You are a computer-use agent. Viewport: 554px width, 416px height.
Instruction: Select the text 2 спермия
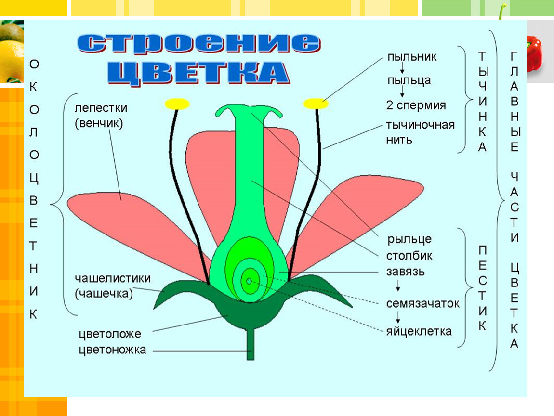point(416,105)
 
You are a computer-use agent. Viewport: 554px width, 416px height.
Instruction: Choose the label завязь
point(405,271)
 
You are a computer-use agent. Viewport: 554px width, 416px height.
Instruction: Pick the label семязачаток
point(422,304)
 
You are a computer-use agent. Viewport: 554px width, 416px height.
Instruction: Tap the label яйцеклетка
point(419,331)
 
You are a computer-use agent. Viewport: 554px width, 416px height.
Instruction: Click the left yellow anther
point(177,103)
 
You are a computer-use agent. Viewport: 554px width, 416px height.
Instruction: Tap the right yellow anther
point(316,103)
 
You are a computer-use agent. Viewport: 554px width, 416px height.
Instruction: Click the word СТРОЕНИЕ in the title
point(198,44)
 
